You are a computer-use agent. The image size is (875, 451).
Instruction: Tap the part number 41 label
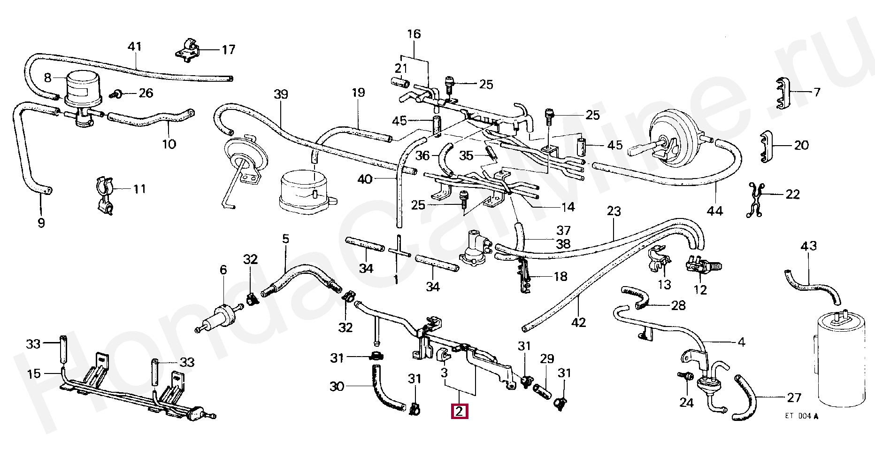coord(135,47)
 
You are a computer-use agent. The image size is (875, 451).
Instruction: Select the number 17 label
coord(228,49)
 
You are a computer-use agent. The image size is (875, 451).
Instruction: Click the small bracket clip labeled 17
coord(189,50)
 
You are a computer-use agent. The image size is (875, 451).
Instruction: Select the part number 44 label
coord(715,211)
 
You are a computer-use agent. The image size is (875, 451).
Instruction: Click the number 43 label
coord(808,246)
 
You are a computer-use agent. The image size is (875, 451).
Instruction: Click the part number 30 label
coord(337,386)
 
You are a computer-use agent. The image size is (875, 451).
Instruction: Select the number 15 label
coord(34,374)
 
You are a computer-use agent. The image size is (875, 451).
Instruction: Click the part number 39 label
coord(280,94)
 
